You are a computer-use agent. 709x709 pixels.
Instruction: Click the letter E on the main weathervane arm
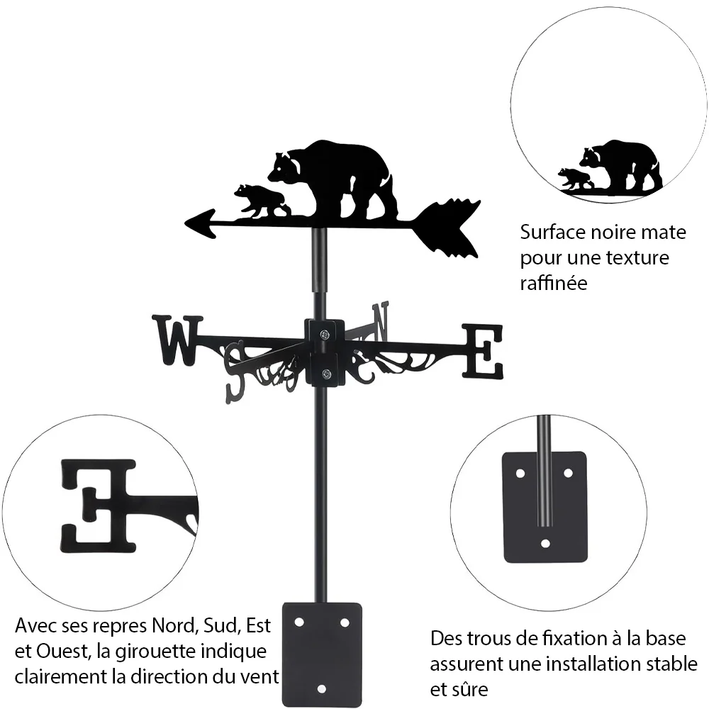[x=482, y=352]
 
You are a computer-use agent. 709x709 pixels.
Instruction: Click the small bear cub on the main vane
[x=261, y=201]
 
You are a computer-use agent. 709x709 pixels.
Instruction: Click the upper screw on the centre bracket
[x=324, y=335]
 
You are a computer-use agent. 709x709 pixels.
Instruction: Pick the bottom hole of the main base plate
[x=321, y=689]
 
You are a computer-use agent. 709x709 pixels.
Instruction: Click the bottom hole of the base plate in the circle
[x=545, y=543]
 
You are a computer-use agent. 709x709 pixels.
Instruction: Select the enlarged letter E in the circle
[x=99, y=506]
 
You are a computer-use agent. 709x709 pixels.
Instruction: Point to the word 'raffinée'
[x=554, y=283]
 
